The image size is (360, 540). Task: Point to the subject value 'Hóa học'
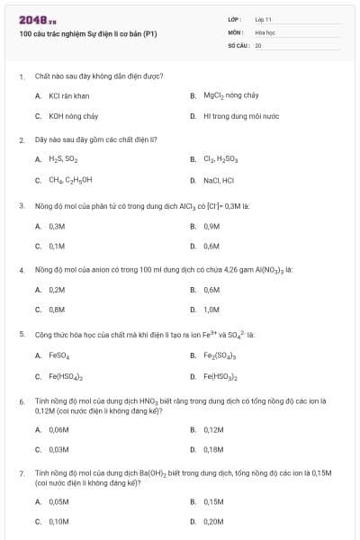point(265,31)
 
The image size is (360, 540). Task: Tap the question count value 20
point(258,44)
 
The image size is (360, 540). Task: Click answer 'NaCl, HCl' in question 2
point(219,180)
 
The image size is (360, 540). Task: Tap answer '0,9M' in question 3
point(212,226)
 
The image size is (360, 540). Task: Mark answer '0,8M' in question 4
point(58,310)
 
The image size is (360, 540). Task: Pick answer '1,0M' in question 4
point(212,310)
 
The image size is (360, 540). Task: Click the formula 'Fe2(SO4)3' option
point(221,355)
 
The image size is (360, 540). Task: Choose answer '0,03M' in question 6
point(59,448)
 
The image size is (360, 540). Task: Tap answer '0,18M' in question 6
point(213,448)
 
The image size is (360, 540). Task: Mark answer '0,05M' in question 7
point(59,502)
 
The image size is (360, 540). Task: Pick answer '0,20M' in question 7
point(213,521)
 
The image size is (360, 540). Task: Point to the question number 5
point(22,335)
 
